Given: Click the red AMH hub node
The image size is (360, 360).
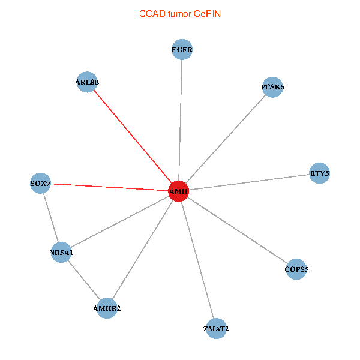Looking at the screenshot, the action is tap(178, 191).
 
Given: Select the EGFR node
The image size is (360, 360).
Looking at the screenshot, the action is tap(182, 50).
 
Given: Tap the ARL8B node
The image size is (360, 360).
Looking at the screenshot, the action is tap(87, 82).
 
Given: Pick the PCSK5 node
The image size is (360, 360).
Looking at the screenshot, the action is tap(272, 87).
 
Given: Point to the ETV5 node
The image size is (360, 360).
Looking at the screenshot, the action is tap(319, 173).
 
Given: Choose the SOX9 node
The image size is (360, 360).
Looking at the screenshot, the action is tap(40, 183).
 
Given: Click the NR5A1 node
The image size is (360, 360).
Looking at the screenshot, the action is tap(61, 253).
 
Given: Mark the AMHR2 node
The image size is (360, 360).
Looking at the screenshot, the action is tap(107, 308).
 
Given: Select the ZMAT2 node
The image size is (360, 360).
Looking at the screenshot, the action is tap(216, 329).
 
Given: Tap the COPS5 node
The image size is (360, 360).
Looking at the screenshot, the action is tap(296, 269).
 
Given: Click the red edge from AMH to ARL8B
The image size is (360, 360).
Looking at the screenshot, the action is tap(133, 136).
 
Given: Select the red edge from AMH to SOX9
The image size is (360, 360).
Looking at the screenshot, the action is tap(110, 187).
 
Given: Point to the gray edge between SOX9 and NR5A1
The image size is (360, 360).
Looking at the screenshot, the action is tap(51, 218).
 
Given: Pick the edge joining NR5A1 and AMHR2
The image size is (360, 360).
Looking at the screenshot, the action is tap(84, 280).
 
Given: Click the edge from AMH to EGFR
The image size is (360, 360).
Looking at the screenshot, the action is tap(180, 121).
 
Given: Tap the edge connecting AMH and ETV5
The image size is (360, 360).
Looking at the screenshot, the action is tap(249, 182).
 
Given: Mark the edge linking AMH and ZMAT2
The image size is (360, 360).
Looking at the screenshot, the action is tap(197, 260).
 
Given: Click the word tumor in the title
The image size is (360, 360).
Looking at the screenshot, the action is tap(179, 14).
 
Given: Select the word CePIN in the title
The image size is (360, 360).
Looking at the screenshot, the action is tap(208, 14).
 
